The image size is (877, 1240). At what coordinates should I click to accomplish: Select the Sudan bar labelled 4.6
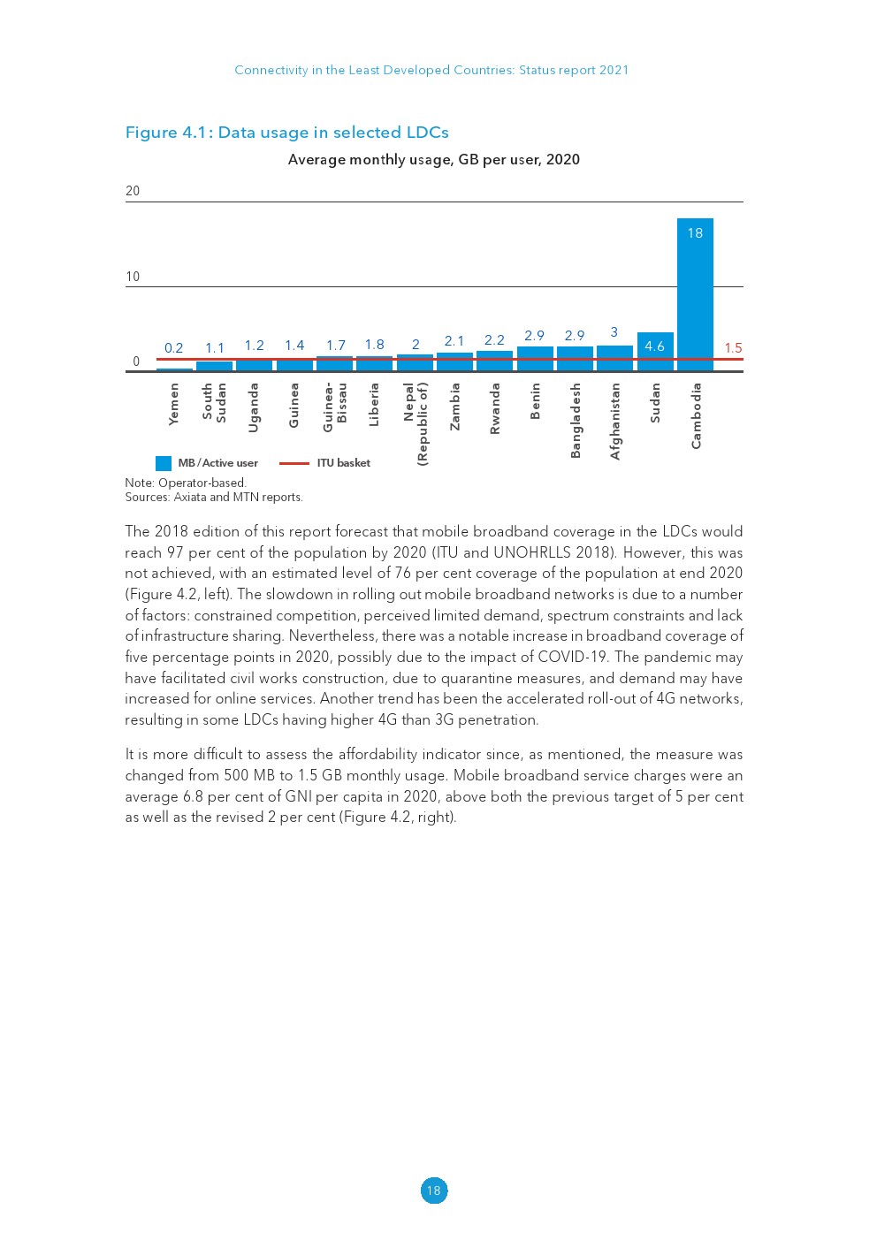click(655, 351)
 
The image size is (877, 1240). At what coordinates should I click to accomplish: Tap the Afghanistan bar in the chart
click(614, 357)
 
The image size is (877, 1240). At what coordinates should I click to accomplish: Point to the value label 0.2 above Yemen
click(174, 348)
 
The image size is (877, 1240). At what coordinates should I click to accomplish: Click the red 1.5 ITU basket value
click(733, 348)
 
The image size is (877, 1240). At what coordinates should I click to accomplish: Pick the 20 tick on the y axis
click(133, 191)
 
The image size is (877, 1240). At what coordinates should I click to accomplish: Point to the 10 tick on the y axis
click(133, 277)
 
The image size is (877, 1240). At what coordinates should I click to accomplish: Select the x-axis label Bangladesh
click(576, 420)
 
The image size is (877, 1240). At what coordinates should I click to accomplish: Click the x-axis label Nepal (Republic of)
click(416, 423)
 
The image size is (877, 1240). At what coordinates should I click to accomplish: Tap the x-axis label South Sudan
click(215, 402)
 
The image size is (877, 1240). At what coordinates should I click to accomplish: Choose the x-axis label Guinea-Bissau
click(335, 407)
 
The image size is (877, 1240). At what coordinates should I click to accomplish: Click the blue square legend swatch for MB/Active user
click(164, 463)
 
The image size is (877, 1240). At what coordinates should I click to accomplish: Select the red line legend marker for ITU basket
click(294, 463)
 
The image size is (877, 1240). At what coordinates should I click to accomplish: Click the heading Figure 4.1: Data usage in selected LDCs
click(287, 133)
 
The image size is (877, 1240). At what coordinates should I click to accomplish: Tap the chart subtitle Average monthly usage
click(433, 160)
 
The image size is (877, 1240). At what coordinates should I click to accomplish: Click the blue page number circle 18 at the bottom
click(433, 1191)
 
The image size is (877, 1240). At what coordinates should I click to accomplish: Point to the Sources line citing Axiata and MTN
click(214, 498)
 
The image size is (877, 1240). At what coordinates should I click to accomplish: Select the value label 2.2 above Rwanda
click(494, 340)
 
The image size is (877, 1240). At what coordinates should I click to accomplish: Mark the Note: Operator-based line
click(186, 483)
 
